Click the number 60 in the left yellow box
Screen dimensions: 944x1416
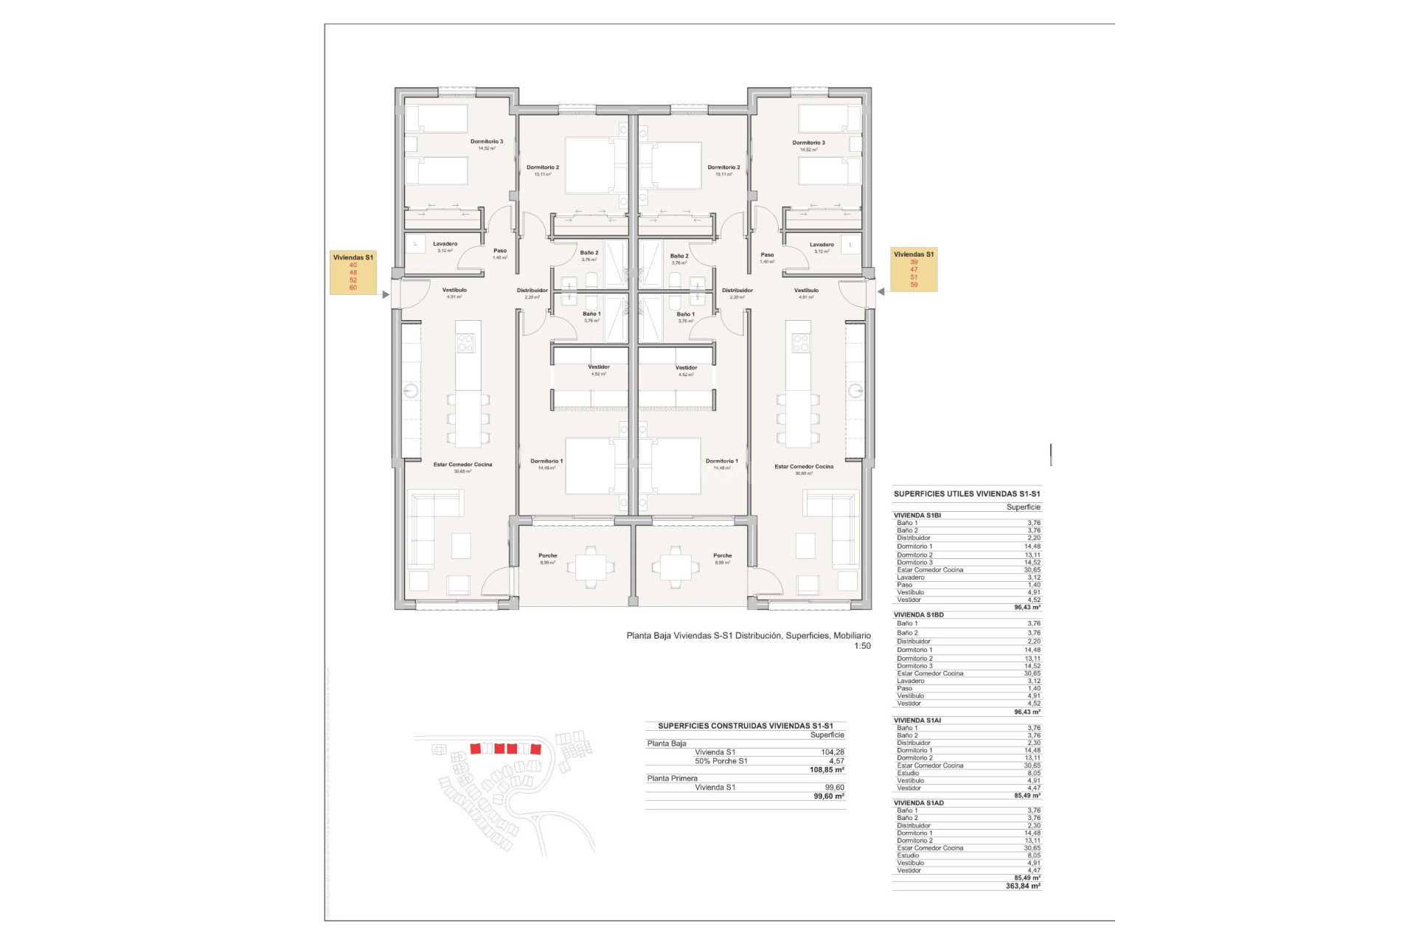coord(353,288)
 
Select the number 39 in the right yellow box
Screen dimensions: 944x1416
coord(914,262)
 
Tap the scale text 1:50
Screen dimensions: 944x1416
coord(862,646)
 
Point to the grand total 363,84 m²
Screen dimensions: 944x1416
coord(1023,886)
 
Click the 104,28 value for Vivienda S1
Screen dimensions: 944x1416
coord(832,752)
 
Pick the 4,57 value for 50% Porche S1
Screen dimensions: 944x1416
coord(836,761)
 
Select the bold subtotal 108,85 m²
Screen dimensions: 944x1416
coord(827,770)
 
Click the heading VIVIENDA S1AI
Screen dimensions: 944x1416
coord(917,721)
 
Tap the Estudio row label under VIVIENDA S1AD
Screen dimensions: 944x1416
coord(908,855)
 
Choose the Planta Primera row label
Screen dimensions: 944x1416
coord(672,779)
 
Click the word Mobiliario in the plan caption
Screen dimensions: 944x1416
coord(852,636)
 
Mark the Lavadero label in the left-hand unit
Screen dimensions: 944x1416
coord(445,244)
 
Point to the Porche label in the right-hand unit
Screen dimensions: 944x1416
coord(722,556)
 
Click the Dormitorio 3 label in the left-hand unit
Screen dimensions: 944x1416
coord(487,142)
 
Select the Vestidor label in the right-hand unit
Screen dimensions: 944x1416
coord(686,367)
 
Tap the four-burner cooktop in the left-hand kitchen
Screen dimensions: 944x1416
coord(465,343)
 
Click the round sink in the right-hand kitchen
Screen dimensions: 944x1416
coord(855,391)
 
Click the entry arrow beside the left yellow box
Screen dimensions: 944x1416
coord(385,295)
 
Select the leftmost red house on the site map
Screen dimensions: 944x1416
coord(476,749)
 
